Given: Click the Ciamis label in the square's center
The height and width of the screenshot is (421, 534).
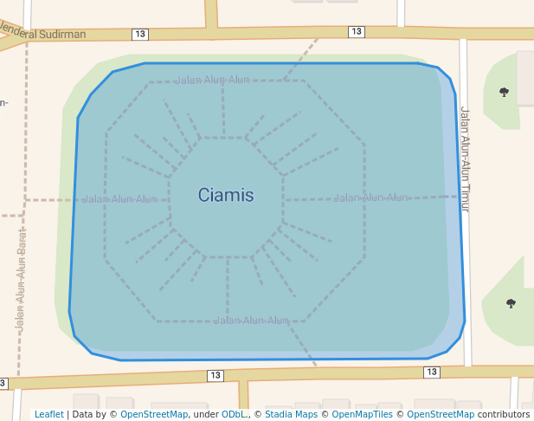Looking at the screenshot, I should click(226, 196).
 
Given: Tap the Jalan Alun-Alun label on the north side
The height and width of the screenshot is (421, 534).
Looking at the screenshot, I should click(212, 81).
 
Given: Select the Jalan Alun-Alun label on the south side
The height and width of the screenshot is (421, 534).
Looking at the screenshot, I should click(251, 321).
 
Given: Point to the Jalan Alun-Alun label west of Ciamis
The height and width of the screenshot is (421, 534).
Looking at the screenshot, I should click(119, 199).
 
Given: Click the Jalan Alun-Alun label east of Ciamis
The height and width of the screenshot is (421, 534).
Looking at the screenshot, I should click(370, 198).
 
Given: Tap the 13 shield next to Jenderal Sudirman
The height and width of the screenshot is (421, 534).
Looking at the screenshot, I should click(140, 34).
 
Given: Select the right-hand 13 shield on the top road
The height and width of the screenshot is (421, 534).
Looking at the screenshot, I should click(357, 31).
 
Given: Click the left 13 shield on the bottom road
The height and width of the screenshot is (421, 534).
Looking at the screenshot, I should click(215, 376).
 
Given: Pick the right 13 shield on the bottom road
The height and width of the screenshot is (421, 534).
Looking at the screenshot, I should click(431, 372).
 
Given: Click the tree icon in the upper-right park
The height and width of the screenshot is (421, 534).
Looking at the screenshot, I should click(504, 92).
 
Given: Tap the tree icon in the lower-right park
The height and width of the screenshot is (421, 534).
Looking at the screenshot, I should click(511, 303).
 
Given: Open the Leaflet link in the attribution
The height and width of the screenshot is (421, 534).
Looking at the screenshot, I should click(49, 415).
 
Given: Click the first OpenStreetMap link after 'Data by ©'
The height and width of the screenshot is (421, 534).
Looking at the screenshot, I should click(153, 415).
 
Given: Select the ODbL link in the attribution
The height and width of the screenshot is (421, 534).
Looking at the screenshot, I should click(233, 415).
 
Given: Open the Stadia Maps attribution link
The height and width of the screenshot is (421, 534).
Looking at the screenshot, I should click(291, 415).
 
